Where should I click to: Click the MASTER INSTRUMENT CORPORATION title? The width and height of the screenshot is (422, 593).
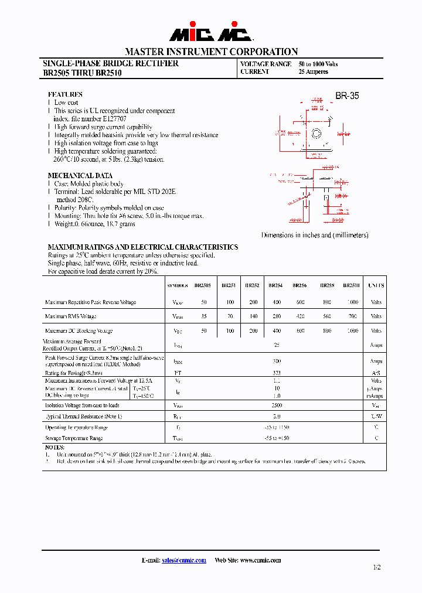(211, 52)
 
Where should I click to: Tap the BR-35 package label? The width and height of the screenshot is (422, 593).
(347, 96)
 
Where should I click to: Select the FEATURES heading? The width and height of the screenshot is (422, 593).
(65, 94)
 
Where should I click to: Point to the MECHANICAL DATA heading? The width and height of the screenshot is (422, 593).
(80, 176)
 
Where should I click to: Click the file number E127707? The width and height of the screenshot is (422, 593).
(118, 119)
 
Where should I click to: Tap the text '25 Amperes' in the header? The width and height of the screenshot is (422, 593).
(314, 71)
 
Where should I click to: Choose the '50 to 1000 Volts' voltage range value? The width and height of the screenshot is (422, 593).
(318, 64)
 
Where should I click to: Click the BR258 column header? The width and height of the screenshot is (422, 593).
(327, 285)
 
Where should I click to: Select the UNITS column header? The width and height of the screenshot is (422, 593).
(376, 285)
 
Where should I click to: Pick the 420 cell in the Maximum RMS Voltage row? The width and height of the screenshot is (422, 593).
(301, 316)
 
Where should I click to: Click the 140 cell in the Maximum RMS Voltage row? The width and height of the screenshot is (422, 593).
(253, 316)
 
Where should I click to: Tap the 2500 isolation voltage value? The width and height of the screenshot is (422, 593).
(277, 405)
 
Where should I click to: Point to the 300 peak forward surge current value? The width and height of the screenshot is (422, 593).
(277, 362)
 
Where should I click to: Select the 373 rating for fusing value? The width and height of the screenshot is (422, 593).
(277, 373)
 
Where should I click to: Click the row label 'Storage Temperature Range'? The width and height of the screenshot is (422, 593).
(74, 438)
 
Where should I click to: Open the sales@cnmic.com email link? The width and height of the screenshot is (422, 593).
(184, 560)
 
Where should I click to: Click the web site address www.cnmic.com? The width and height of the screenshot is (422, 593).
(261, 560)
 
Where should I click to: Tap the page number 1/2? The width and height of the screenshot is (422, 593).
(376, 567)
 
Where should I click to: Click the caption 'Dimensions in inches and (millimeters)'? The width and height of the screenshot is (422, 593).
(315, 235)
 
